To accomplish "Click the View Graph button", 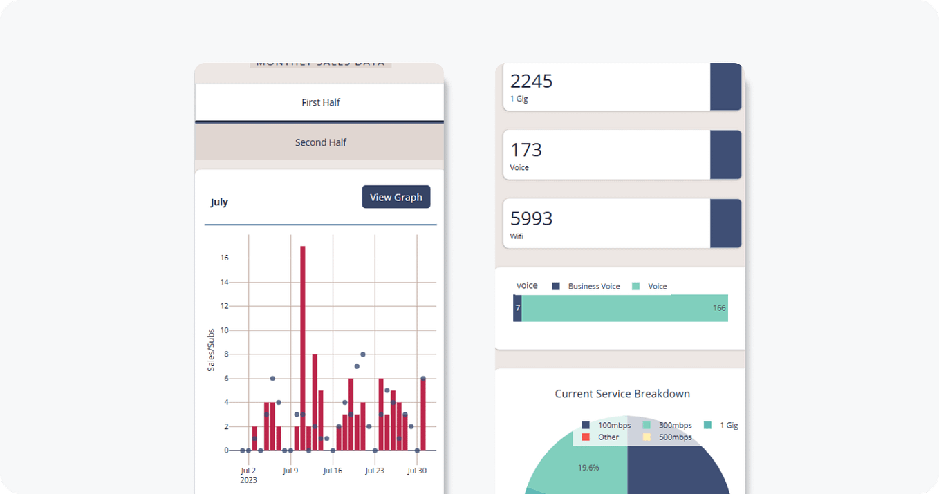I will coord(396,197).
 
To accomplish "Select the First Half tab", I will coord(320,102).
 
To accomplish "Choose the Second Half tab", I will coord(320,142).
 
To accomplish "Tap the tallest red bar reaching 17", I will coord(303,345).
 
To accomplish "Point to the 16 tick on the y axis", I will coord(224,258).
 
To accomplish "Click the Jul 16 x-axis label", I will coord(333,471).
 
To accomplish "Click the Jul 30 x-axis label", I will coord(416,471).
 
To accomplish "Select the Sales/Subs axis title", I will coord(211,350).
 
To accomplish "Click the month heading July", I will coord(219,202).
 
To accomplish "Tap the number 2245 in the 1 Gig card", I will coord(532,82).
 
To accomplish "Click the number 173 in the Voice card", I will coord(526,150).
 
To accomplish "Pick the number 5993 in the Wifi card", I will coord(532,218).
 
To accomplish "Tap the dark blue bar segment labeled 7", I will coord(517,308).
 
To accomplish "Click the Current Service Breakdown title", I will coord(622,394).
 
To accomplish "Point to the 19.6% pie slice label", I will coord(588,468).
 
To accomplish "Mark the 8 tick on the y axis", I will coord(226,354).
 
